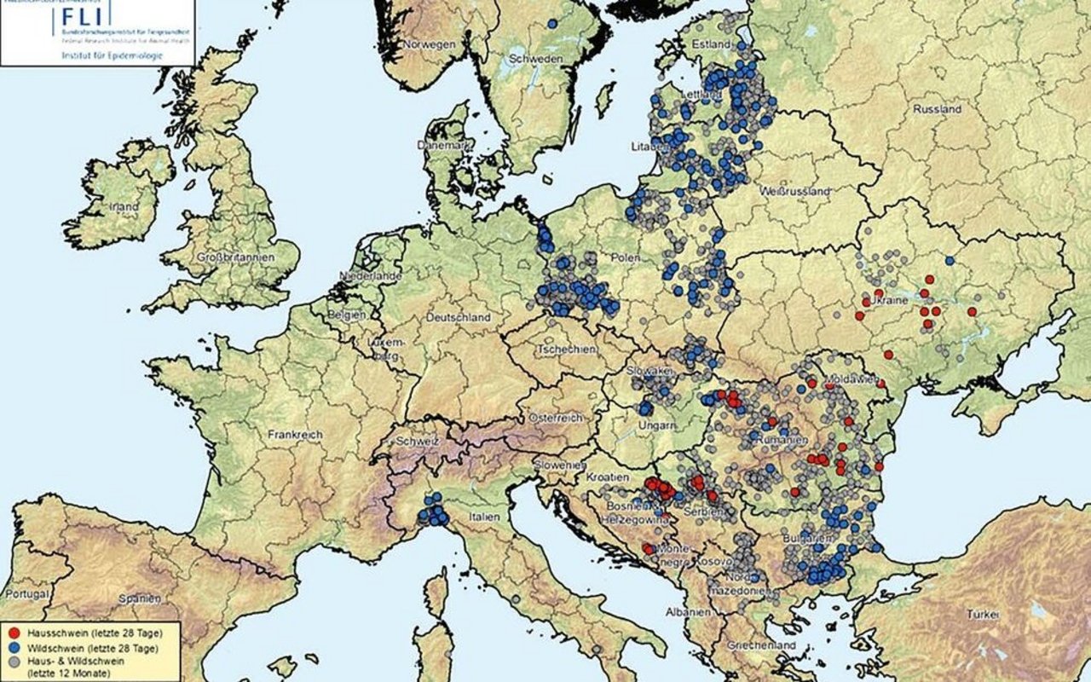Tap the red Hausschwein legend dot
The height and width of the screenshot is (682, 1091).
15,633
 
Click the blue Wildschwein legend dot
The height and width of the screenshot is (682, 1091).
15,648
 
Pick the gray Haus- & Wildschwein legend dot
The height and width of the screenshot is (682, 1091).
15,662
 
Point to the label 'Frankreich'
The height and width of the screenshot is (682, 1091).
295,434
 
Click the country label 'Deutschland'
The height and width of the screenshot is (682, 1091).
458,317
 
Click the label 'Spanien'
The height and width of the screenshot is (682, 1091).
140,598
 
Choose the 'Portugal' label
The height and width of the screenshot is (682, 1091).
23,592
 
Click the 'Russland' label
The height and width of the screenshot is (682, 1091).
937,109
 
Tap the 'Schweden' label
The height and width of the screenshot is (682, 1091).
535,59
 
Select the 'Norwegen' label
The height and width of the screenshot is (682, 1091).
430,43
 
